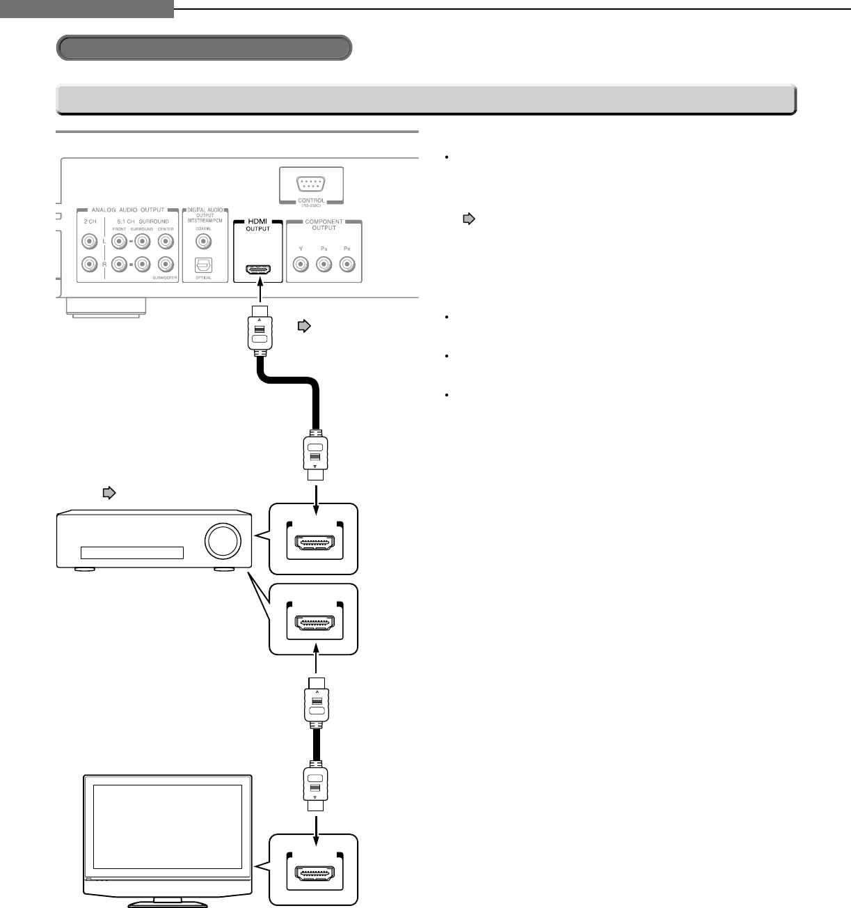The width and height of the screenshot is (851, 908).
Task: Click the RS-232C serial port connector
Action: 311,184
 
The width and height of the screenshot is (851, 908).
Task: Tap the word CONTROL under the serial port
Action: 311,201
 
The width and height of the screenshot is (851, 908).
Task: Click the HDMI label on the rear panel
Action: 257,221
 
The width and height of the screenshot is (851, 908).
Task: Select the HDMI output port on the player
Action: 258,269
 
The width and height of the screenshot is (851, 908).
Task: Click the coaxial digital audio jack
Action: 203,242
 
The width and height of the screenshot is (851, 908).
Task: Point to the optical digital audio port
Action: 203,265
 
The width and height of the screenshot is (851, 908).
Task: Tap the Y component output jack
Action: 301,265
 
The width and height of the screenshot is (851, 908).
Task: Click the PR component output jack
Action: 347,265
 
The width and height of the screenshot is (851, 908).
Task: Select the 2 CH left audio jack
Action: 88,242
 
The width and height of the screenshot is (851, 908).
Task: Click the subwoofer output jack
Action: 165,265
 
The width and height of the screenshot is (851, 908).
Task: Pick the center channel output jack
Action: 165,242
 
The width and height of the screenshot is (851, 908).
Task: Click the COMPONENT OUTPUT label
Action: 324,224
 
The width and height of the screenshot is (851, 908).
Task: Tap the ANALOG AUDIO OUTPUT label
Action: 128,210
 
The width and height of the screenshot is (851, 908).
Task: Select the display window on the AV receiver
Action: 132,553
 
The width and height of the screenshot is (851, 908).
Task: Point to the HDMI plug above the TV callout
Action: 315,787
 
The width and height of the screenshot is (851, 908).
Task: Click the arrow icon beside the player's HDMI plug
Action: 303,325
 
